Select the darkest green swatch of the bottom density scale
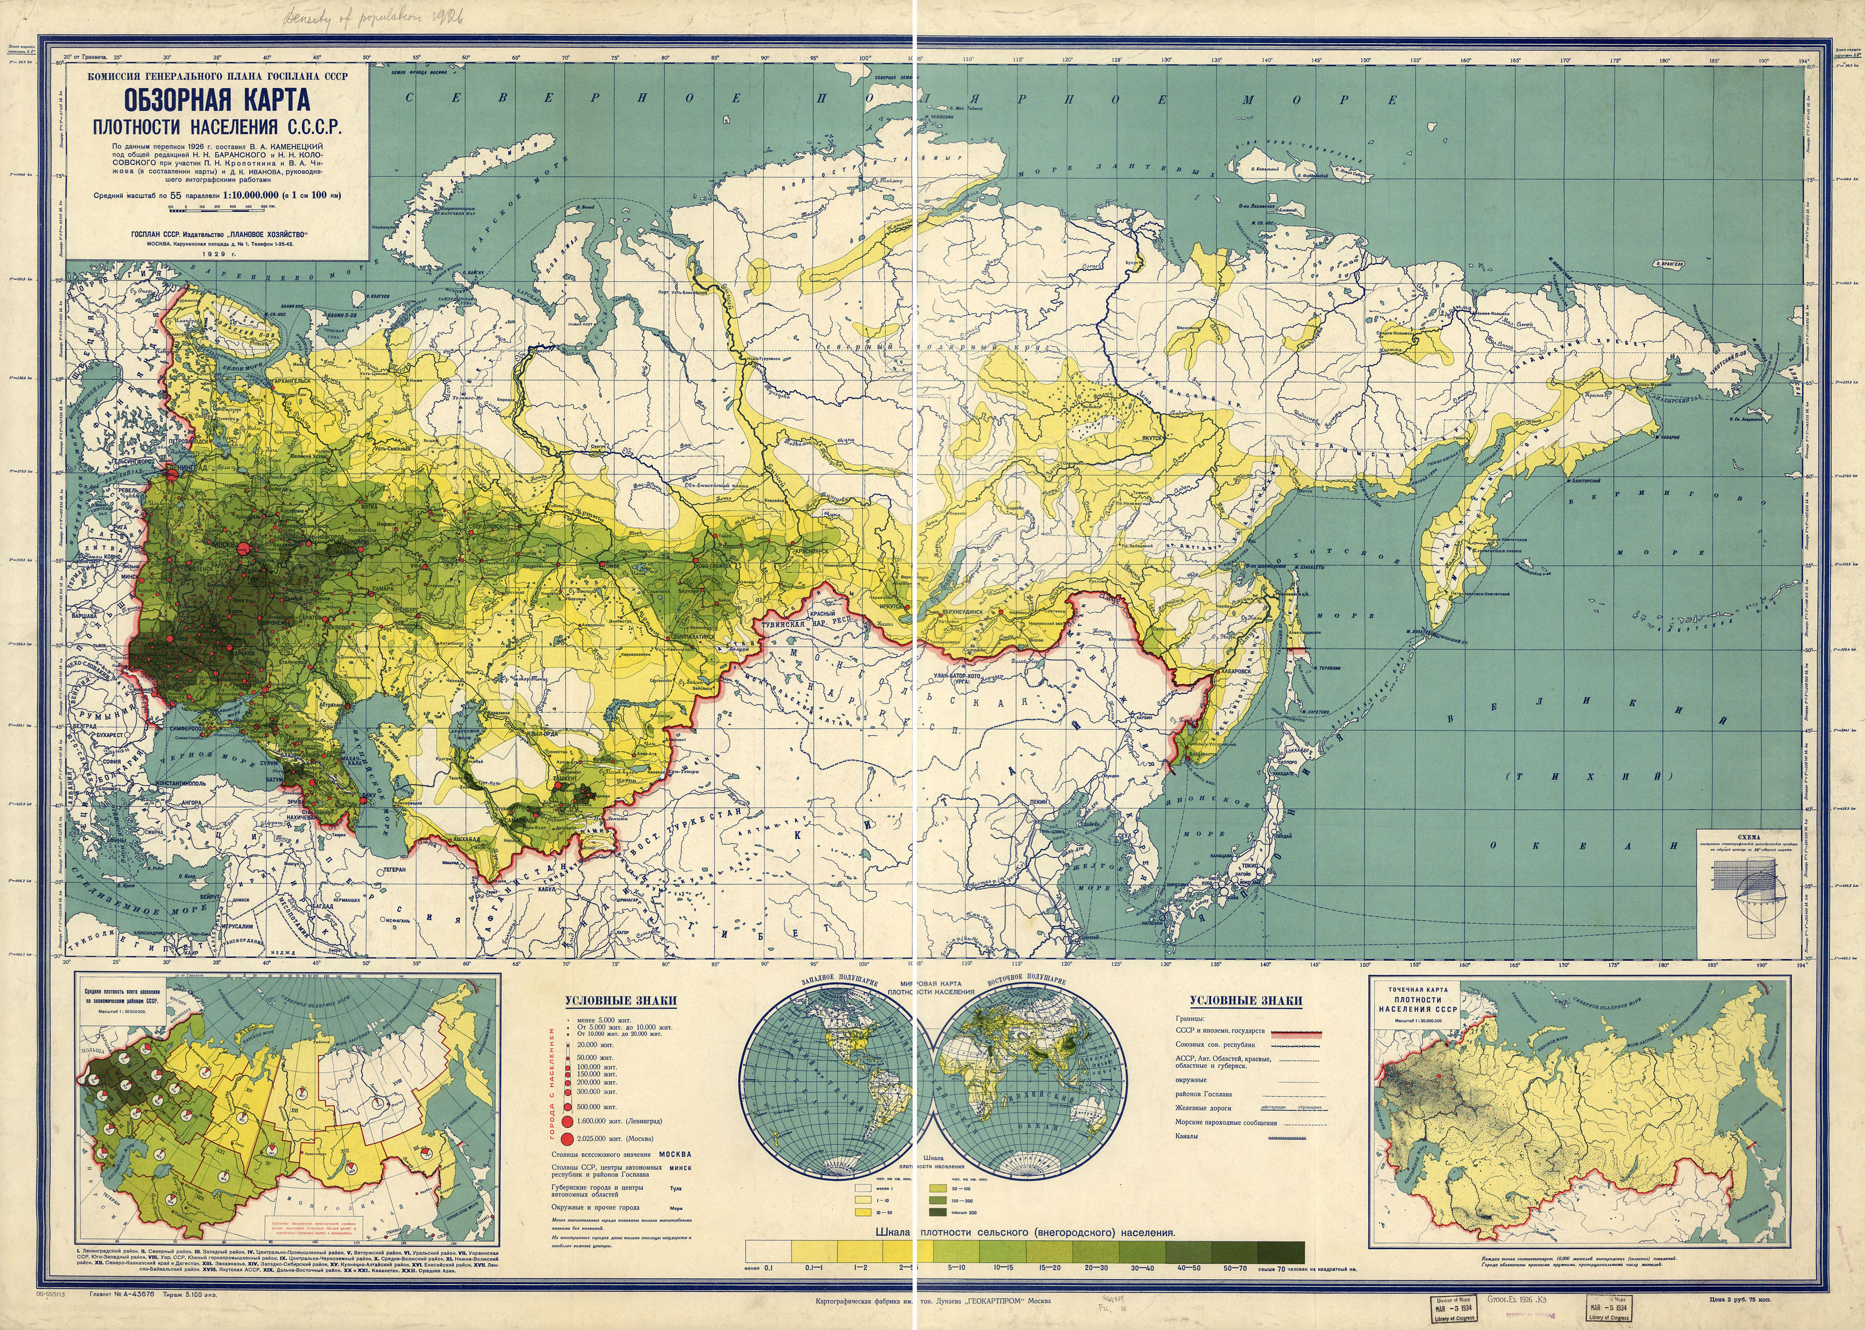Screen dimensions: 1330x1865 (x=1281, y=1251)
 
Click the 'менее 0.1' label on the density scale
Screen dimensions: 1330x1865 (x=767, y=1268)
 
